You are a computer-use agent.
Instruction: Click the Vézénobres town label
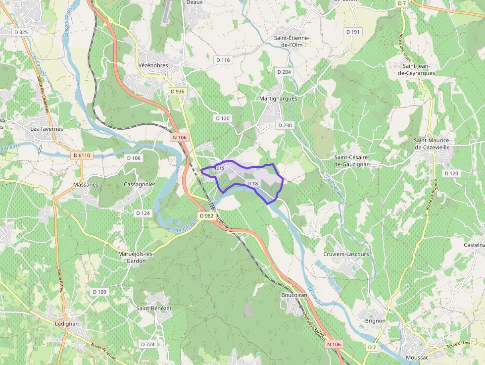pos(153,65)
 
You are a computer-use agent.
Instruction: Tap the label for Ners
pos(218,168)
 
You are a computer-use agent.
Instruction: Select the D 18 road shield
pos(252,184)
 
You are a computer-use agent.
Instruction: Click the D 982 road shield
pos(207,216)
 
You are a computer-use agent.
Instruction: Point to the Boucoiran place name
pos(294,295)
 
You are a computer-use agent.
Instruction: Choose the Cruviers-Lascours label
pos(346,254)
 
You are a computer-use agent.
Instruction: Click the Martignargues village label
pos(278,99)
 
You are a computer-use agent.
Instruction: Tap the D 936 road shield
pos(177,92)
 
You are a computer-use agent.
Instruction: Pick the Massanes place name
pos(86,184)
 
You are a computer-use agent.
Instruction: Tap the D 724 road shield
pos(147,344)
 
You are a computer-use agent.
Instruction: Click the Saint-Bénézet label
pos(154,308)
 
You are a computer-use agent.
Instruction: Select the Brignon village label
pos(375,321)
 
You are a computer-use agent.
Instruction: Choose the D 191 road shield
pos(353,32)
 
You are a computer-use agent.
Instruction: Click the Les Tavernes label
pos(47,129)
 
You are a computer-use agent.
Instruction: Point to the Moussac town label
pos(416,358)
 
